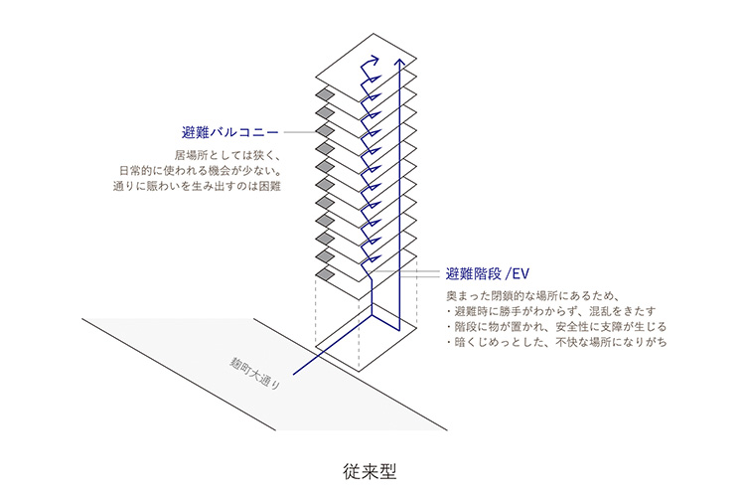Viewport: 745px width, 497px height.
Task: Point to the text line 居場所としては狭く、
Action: (x=228, y=155)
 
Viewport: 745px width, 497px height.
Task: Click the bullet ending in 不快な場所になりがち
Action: (x=555, y=342)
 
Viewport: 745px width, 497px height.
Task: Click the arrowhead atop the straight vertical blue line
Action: (x=400, y=61)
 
